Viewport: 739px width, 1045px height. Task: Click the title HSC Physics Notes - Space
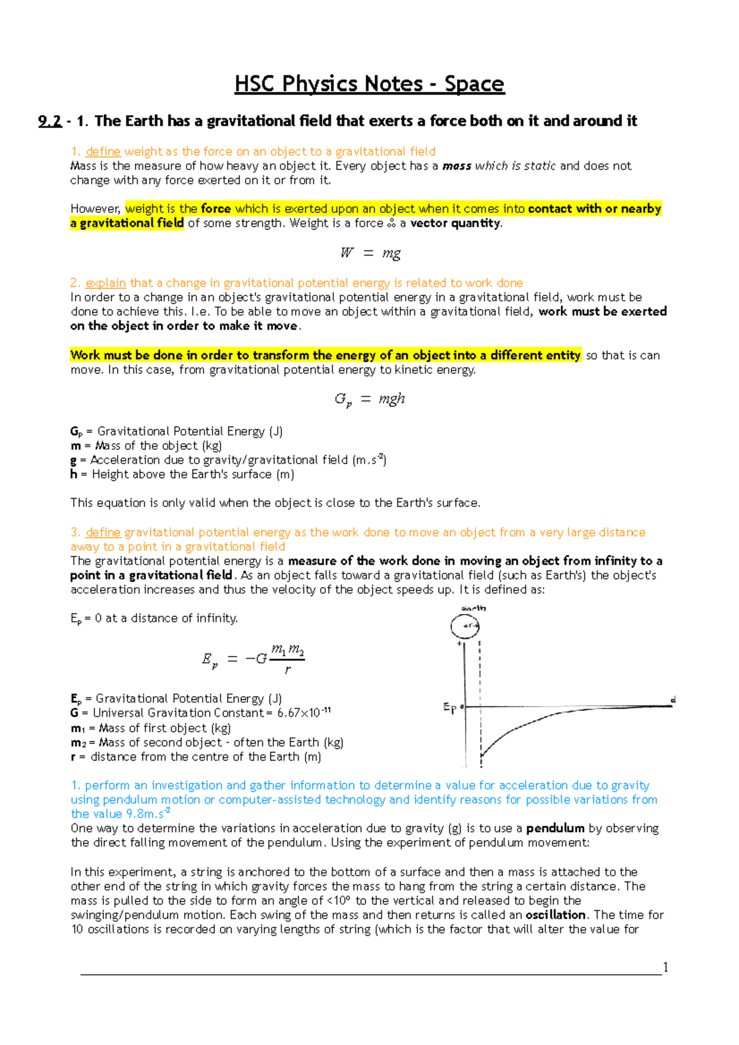tap(369, 84)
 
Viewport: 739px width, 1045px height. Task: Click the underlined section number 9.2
tap(49, 121)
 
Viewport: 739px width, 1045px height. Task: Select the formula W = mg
tap(370, 253)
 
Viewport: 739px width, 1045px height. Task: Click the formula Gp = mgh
tap(369, 399)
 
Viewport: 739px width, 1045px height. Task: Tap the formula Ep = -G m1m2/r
tap(253, 659)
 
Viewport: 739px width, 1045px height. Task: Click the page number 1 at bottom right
tap(665, 967)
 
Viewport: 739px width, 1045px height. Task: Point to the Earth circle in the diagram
tap(465, 627)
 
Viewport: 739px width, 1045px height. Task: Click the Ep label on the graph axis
tap(450, 708)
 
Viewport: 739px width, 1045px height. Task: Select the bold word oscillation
tap(555, 915)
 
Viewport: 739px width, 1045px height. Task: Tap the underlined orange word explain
tap(105, 283)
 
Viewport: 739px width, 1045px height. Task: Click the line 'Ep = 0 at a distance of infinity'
tap(154, 619)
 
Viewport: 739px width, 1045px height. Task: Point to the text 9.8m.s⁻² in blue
tap(148, 814)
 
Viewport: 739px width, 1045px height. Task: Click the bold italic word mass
tap(457, 166)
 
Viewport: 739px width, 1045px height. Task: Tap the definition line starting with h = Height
tap(182, 474)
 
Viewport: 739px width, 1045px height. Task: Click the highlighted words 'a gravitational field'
tap(127, 223)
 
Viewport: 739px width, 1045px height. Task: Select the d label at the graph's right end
tap(673, 700)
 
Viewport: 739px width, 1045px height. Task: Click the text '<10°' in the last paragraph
tap(339, 901)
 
